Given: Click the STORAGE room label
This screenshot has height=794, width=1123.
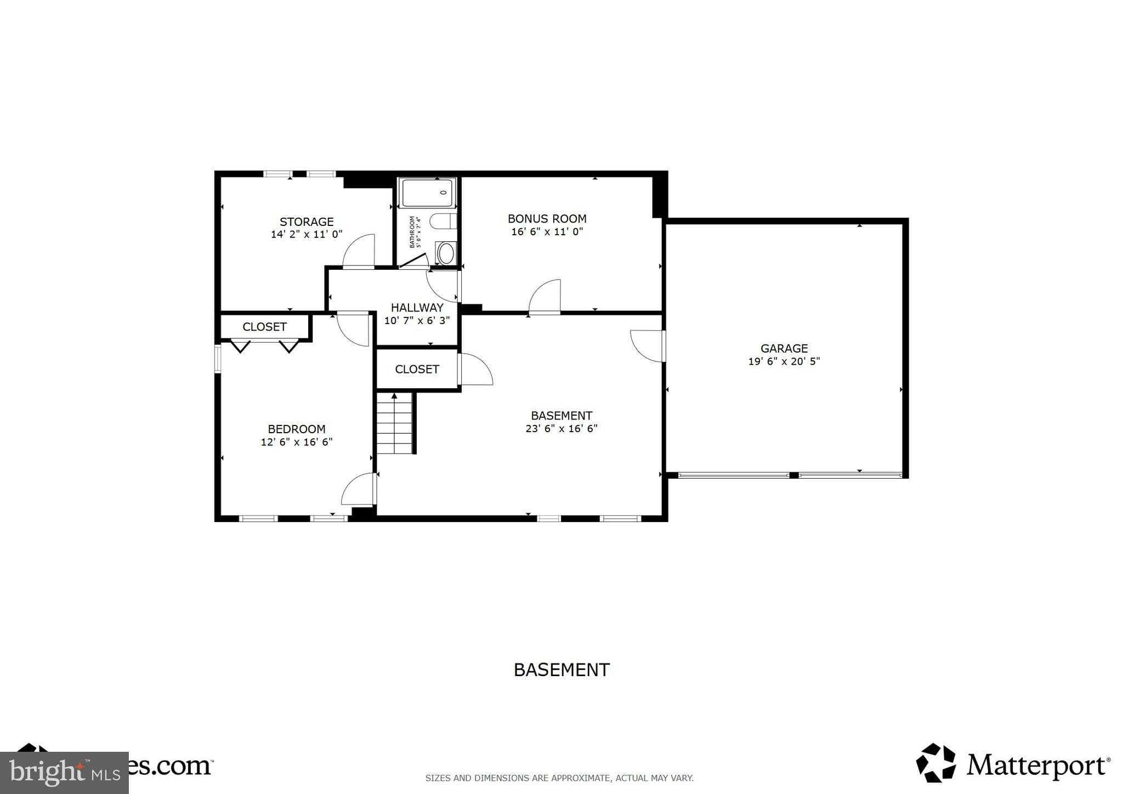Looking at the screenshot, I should [x=307, y=222].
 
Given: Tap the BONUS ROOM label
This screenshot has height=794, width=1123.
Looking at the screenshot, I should [x=547, y=218].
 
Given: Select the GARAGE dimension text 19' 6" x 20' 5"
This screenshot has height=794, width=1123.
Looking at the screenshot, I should [x=784, y=361].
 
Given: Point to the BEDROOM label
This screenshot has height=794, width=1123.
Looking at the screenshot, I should [x=296, y=429].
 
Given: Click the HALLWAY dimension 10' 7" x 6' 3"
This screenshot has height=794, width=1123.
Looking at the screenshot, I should [x=417, y=321].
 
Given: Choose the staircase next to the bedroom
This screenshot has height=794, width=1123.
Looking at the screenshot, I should [x=394, y=425].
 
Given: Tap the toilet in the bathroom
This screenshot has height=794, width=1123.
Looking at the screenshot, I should [x=443, y=222].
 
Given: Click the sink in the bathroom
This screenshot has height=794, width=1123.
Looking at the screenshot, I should [x=446, y=253].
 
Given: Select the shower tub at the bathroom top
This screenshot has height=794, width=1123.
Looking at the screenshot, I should [x=428, y=193].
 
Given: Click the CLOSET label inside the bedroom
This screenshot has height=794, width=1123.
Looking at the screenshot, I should [x=264, y=327].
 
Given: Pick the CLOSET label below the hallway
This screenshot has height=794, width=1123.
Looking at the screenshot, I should [x=417, y=369].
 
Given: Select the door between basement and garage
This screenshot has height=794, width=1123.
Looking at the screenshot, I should [x=649, y=345].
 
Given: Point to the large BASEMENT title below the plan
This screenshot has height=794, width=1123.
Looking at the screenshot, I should [x=561, y=670].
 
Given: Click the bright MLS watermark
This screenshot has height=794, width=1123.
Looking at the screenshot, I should [x=64, y=773].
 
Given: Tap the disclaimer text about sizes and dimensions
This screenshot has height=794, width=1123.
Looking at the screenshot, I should [x=559, y=778].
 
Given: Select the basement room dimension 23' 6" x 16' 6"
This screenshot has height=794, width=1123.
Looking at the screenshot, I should [x=561, y=429].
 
